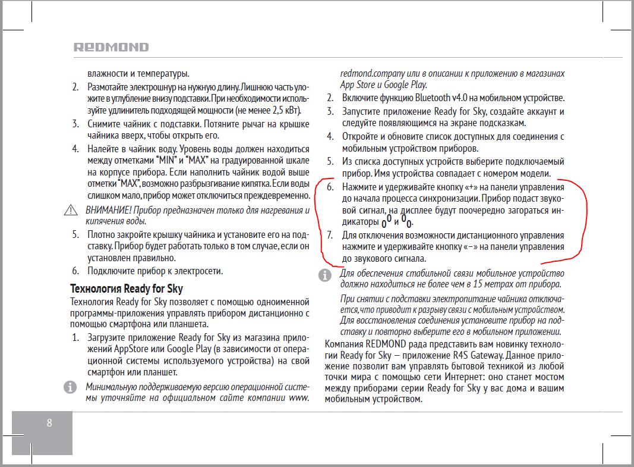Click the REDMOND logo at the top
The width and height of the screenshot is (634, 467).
111,47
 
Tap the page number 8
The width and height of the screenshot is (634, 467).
49,423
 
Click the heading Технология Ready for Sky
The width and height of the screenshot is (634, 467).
127,289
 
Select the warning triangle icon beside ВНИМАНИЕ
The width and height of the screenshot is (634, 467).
72,210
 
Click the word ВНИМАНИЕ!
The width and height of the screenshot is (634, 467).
108,210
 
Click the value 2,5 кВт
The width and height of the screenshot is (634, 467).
285,111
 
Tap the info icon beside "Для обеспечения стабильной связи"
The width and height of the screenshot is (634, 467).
324,275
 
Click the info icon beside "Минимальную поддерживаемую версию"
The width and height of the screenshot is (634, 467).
70,387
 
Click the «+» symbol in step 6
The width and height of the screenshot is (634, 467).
471,187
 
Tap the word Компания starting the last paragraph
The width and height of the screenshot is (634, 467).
344,344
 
